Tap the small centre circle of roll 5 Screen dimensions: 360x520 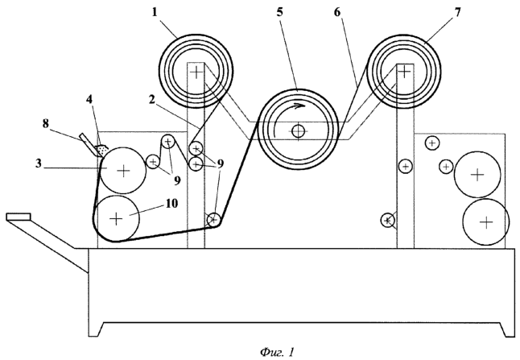coord(299,130)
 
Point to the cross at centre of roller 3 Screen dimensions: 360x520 coord(122,170)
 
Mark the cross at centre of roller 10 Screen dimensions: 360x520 coord(116,217)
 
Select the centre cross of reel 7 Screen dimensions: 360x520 coord(403,71)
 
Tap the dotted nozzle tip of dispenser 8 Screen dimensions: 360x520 coord(103,150)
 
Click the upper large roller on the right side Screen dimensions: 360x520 coord(478,174)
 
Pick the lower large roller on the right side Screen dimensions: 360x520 coord(485,220)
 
